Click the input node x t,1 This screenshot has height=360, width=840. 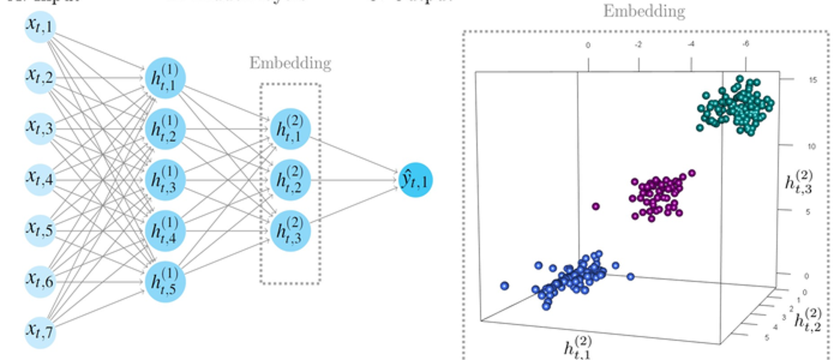[x=40, y=25]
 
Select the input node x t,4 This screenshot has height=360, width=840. [x=40, y=178]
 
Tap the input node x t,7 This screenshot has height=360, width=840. [x=40, y=331]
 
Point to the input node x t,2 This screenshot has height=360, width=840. [x=40, y=76]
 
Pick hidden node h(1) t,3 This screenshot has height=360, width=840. [x=165, y=179]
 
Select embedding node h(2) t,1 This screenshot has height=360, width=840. [x=290, y=128]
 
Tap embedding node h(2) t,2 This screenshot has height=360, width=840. [x=290, y=179]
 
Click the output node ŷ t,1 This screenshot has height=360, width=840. [x=415, y=179]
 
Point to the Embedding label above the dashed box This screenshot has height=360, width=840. [x=290, y=63]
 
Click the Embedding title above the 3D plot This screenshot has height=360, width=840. [x=644, y=11]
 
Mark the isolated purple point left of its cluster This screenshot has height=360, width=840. [x=596, y=206]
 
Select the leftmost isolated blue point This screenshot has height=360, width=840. [x=504, y=286]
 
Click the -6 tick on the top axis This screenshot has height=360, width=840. [x=746, y=44]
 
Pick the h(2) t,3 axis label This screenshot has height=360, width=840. [x=800, y=181]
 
